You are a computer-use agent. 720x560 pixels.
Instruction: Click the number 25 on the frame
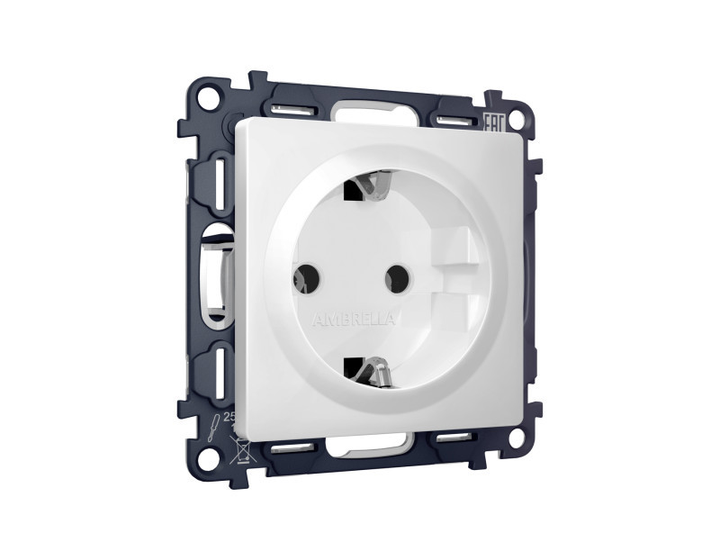(x=229, y=418)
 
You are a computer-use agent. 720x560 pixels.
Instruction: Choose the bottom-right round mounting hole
(x=516, y=438)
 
